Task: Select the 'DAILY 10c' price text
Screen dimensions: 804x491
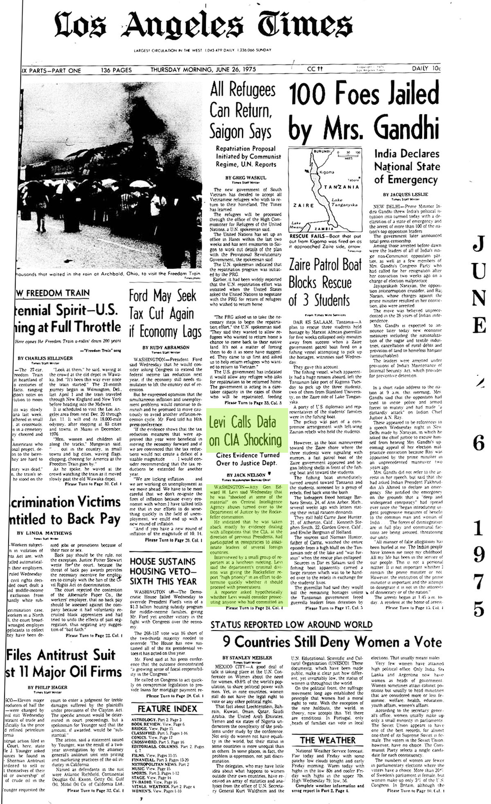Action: tap(426, 70)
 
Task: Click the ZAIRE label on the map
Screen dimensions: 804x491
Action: tap(303, 205)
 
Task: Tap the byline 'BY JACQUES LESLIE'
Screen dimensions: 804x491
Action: tap(405, 194)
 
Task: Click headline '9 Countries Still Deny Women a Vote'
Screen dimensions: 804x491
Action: tap(332, 642)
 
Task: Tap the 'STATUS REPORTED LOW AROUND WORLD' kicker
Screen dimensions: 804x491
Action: tap(291, 624)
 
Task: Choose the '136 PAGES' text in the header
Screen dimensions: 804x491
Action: tap(117, 70)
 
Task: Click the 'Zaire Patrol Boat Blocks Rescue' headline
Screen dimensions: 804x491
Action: tap(325, 283)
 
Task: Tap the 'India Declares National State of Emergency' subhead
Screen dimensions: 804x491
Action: tap(407, 166)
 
